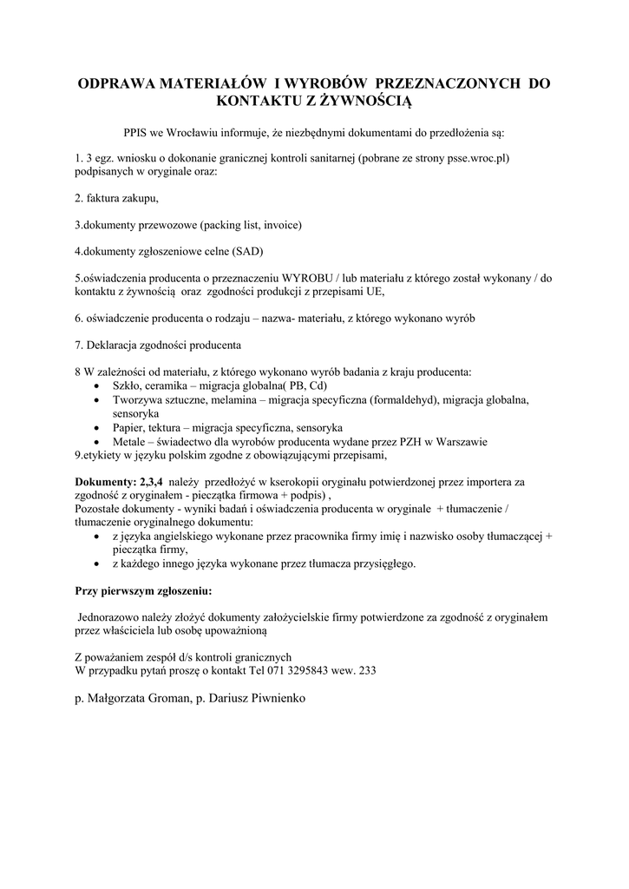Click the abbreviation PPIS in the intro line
[x=137, y=134]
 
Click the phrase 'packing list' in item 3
[x=230, y=225]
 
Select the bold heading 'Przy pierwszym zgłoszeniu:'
[x=143, y=590]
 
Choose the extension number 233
[x=367, y=671]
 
